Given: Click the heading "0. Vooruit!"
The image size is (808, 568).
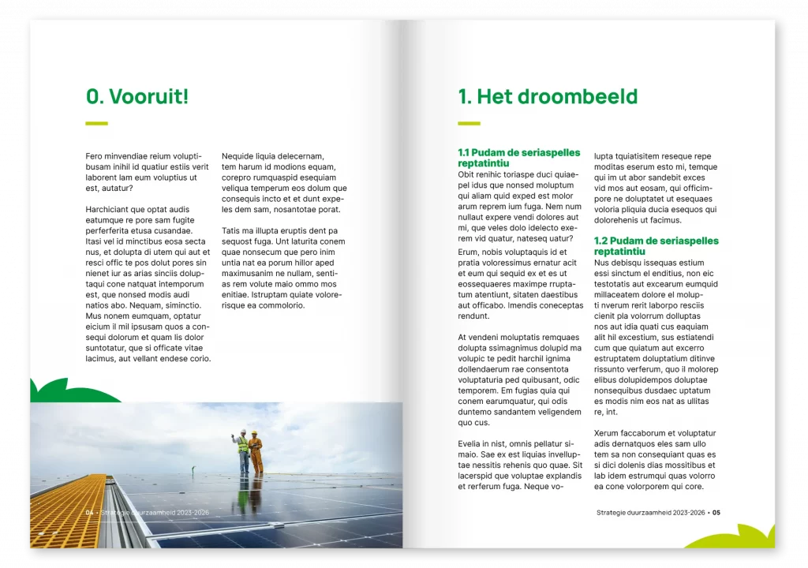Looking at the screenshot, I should [x=137, y=97].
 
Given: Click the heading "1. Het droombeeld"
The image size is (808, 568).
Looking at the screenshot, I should [x=548, y=97].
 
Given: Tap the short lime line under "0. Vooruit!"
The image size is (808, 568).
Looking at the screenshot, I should [x=96, y=123].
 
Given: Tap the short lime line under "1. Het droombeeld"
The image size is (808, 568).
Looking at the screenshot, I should [x=469, y=123].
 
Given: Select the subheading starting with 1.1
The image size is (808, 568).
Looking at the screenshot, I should [x=518, y=157].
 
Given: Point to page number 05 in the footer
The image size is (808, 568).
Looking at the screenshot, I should [x=716, y=513].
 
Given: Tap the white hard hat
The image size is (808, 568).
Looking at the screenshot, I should [x=244, y=432].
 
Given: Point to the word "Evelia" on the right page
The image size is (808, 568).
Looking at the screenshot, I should [x=470, y=444].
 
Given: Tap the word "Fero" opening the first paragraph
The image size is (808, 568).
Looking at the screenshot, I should [x=93, y=156].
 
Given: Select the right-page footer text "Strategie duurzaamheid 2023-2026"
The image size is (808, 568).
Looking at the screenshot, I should [x=650, y=513].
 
